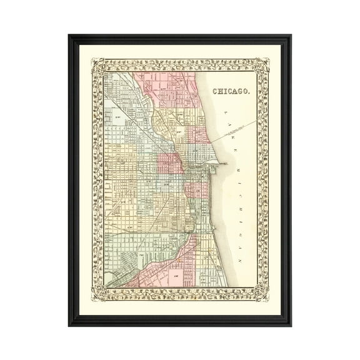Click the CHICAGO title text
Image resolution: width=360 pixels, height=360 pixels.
point(231,91)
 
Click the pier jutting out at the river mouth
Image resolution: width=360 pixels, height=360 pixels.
point(218,161)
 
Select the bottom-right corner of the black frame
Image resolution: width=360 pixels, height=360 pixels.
point(289,324)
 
